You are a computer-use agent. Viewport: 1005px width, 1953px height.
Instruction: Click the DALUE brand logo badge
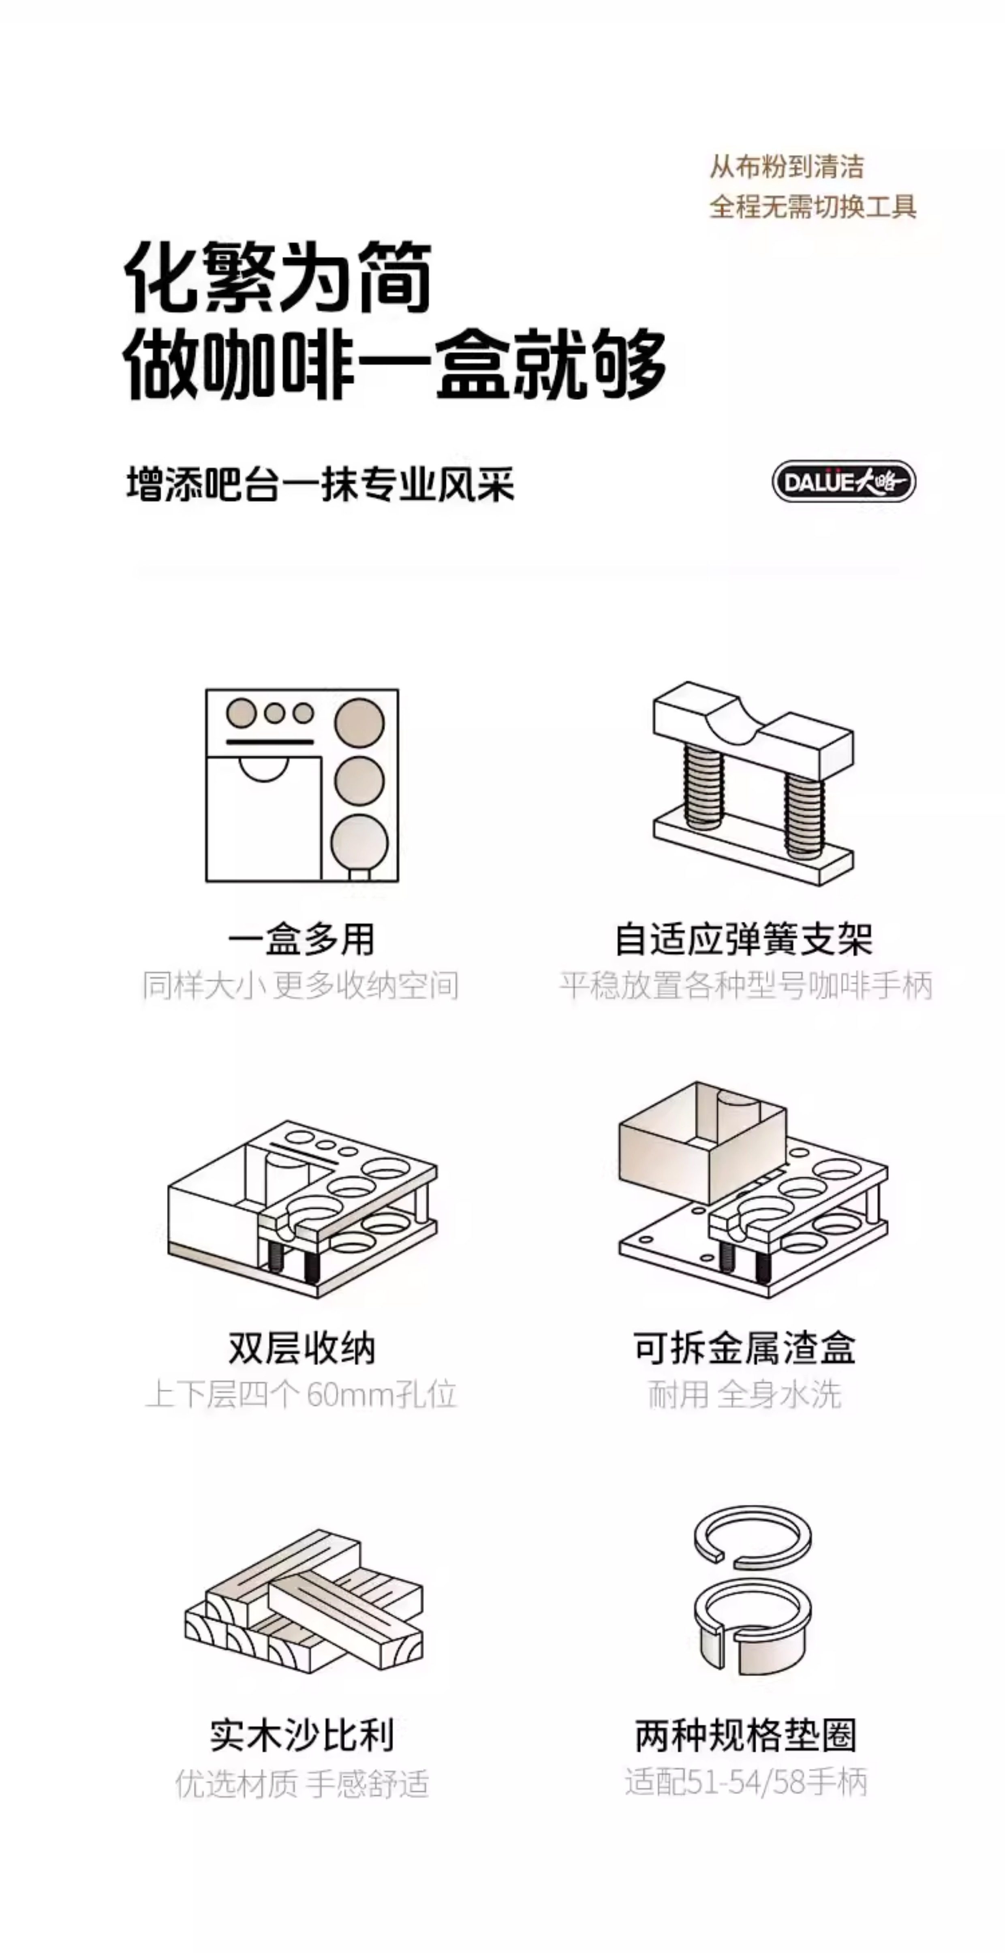point(843,481)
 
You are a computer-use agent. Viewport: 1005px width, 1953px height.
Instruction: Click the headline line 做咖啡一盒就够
point(394,364)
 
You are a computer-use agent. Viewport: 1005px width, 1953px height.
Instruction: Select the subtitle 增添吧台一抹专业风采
point(320,484)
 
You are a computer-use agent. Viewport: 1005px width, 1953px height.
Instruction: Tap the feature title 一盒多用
point(301,940)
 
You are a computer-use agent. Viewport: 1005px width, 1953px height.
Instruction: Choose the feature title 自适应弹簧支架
point(743,940)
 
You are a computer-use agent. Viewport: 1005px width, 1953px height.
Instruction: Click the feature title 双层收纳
point(301,1350)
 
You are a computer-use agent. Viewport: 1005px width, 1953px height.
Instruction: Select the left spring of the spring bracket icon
point(703,785)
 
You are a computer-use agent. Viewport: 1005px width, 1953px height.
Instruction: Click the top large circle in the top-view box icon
point(359,722)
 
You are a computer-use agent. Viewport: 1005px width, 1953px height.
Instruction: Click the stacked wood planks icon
point(304,1600)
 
